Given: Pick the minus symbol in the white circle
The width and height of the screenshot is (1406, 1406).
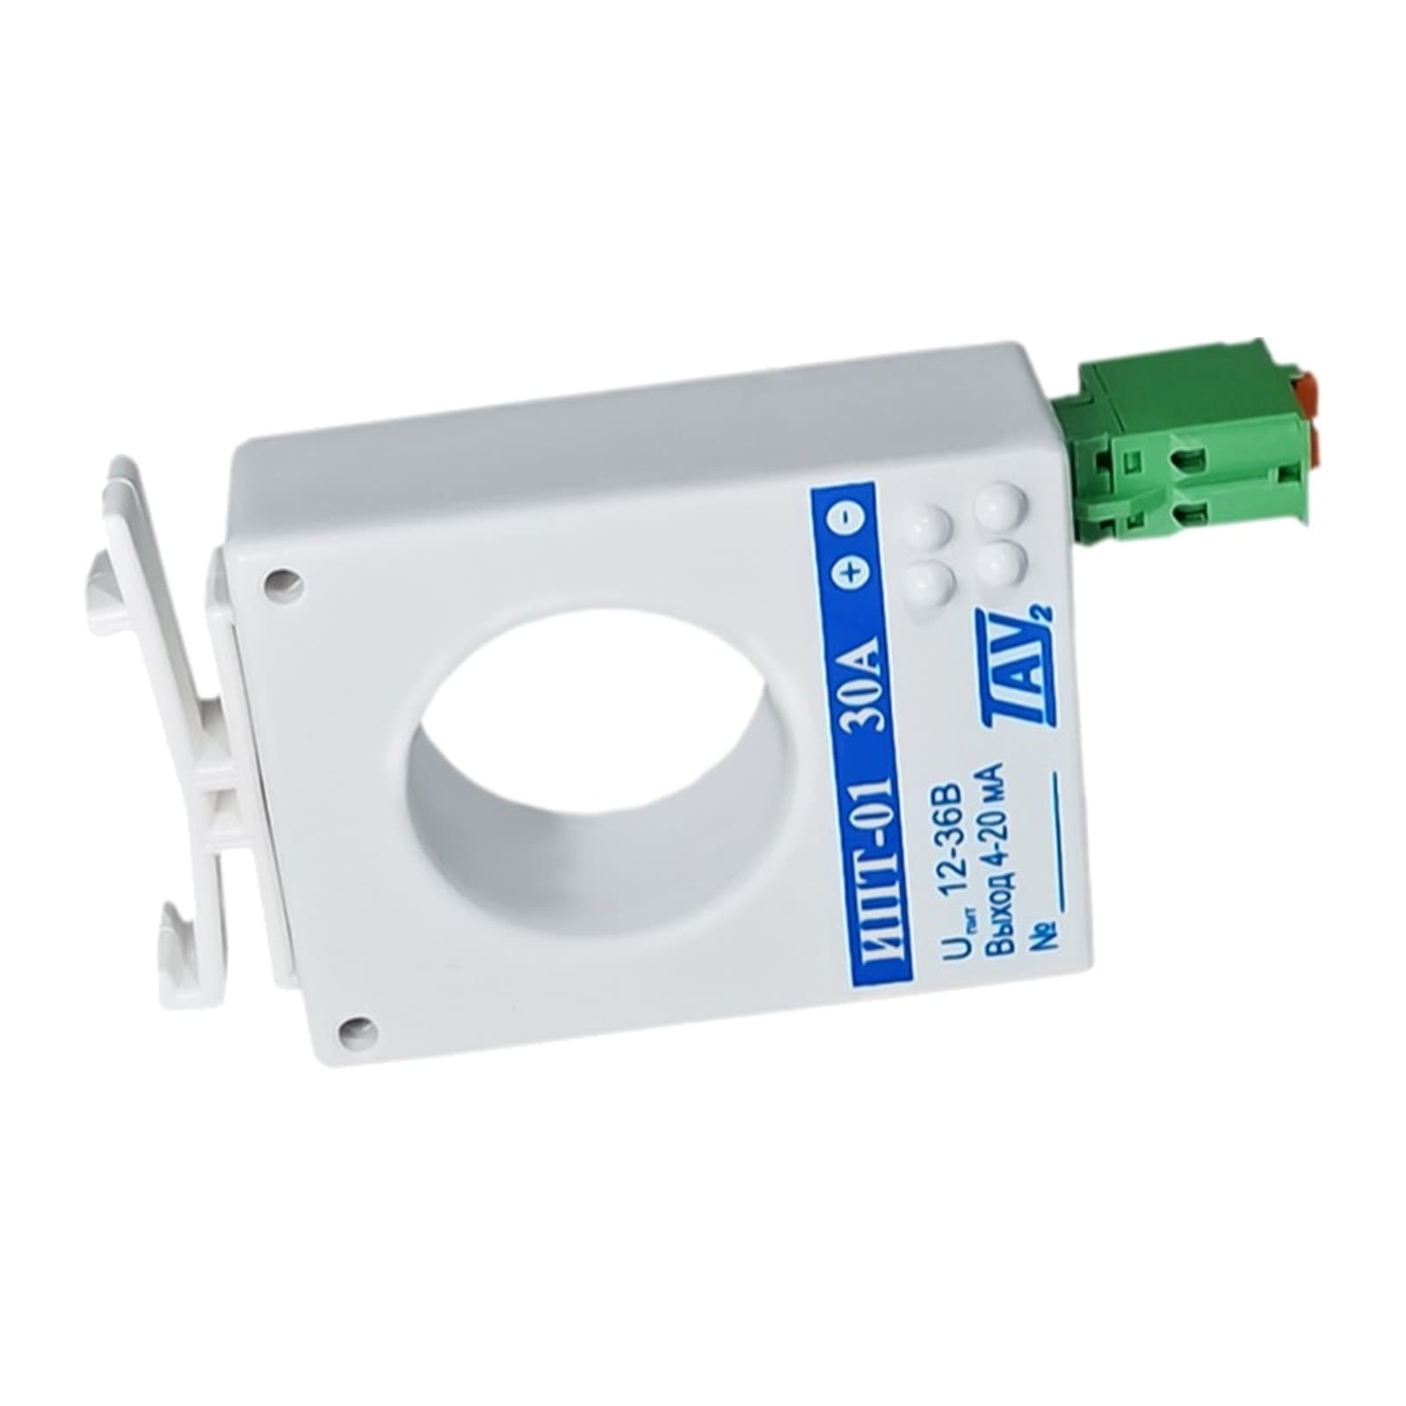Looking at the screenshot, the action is [847, 518].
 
